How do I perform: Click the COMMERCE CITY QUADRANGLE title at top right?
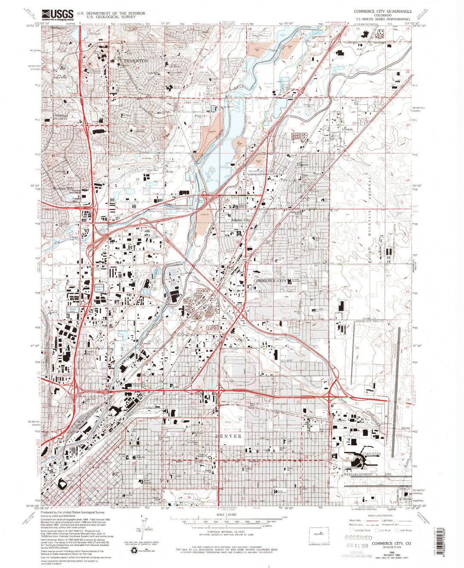(x=382, y=11)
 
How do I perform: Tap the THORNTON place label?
(x=135, y=61)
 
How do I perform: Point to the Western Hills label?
(x=64, y=188)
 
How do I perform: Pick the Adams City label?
(x=241, y=220)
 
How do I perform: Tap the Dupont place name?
(x=303, y=164)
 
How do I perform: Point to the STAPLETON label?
(x=371, y=454)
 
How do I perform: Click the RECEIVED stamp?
(x=358, y=538)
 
